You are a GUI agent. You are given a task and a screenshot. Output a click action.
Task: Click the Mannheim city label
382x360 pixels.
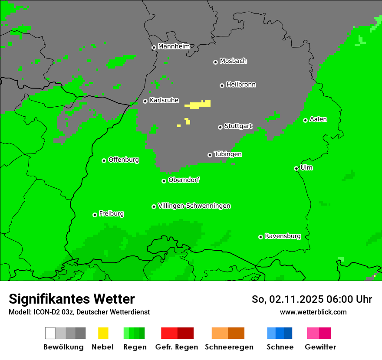click(x=174, y=46)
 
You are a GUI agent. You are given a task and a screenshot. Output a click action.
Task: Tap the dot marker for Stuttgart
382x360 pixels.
click(x=220, y=127)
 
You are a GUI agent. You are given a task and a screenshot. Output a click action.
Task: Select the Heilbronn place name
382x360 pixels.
click(x=241, y=85)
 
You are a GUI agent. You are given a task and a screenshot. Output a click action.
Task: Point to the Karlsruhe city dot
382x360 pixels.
click(x=145, y=101)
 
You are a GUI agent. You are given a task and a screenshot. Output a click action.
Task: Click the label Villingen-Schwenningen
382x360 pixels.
click(x=194, y=206)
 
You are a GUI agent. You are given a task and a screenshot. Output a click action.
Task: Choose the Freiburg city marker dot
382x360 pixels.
click(x=95, y=215)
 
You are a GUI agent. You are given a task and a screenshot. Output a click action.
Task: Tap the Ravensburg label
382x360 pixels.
click(x=283, y=236)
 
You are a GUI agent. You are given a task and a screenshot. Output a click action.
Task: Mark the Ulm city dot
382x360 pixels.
click(x=296, y=168)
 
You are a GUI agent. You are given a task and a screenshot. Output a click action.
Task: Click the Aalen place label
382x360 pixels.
click(x=318, y=119)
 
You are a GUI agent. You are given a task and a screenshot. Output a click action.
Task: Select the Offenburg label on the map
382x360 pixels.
click(x=124, y=160)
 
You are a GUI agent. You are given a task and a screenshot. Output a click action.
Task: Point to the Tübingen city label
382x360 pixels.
click(x=228, y=154)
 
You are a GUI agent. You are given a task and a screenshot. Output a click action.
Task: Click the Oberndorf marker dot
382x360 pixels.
click(x=164, y=181)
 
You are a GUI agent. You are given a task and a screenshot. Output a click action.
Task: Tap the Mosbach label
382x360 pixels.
click(x=233, y=61)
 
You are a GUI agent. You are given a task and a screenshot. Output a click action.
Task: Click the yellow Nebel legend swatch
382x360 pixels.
click(x=103, y=333)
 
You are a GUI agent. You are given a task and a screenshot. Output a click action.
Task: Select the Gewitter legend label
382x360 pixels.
click(x=320, y=347)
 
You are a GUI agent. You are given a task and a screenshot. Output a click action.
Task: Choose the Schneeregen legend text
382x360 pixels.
click(x=229, y=347)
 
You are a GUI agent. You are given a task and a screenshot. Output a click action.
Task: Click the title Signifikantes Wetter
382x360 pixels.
click(x=72, y=299)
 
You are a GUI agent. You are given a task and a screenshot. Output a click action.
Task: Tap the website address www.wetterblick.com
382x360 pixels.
click(x=313, y=312)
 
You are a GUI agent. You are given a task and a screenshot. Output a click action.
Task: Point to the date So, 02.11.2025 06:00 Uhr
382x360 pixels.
click(x=312, y=299)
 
